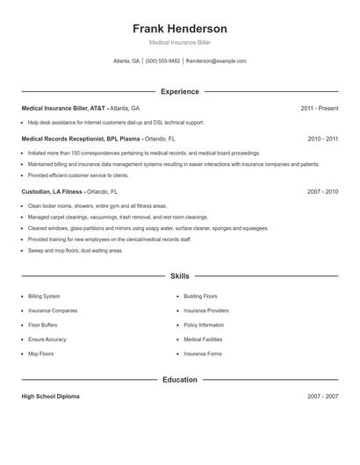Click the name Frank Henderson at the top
pyautogui.click(x=179, y=28)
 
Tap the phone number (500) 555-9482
pyautogui.click(x=162, y=61)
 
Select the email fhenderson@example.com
pyautogui.click(x=216, y=61)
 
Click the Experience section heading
pyautogui.click(x=179, y=91)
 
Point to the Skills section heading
pyautogui.click(x=179, y=275)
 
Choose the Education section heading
pyautogui.click(x=179, y=380)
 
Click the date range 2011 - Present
pyautogui.click(x=319, y=108)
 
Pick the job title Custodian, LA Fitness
pyautogui.click(x=53, y=190)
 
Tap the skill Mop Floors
pyautogui.click(x=41, y=354)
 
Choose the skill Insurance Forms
pyautogui.click(x=203, y=354)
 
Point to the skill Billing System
pyautogui.click(x=45, y=297)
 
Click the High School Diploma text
pyautogui.click(x=50, y=397)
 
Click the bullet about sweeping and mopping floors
pyautogui.click(x=76, y=250)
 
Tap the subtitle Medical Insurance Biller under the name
pyautogui.click(x=179, y=42)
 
